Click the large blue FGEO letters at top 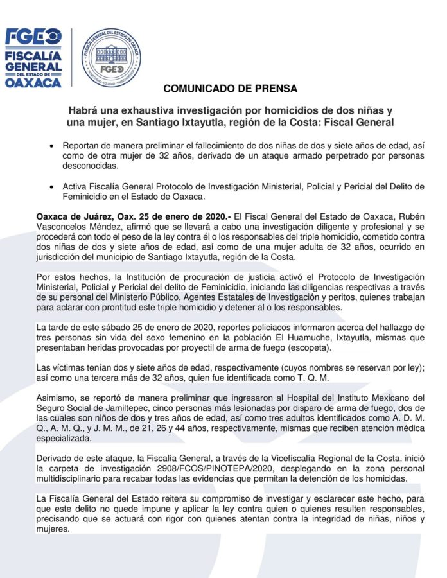(33, 37)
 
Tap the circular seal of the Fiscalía (111, 58)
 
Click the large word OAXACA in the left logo (33, 82)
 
